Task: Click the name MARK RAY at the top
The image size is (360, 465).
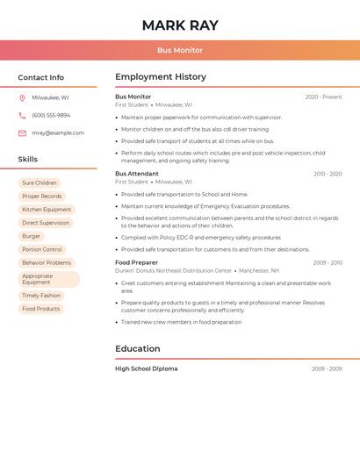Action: [x=180, y=25]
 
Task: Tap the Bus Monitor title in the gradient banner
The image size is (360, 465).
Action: [x=180, y=51]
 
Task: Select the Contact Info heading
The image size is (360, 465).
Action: [x=41, y=77]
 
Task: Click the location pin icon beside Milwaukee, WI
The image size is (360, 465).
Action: [x=22, y=97]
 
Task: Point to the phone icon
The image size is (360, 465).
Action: [x=22, y=115]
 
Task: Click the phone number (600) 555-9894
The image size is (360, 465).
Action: [x=51, y=115]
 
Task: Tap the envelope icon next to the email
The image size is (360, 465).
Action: [x=22, y=133]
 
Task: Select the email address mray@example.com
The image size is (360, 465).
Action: [x=58, y=133]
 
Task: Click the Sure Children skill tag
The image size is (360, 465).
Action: [x=40, y=183]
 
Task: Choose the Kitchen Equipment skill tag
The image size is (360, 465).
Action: [x=47, y=210]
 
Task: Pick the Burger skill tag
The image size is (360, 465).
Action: [x=32, y=236]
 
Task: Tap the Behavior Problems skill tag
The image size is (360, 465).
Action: [x=47, y=262]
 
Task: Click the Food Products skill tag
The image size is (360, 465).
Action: [x=41, y=309]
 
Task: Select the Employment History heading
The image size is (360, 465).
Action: [x=161, y=77]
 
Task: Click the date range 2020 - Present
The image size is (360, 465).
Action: [x=323, y=97]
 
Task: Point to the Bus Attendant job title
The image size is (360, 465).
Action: [x=137, y=174]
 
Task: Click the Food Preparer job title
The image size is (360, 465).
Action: [x=136, y=262]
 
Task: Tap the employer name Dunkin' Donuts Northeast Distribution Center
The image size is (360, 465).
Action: [x=173, y=271]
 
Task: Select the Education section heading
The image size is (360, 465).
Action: [x=138, y=348]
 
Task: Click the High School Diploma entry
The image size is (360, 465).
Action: [x=146, y=368]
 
